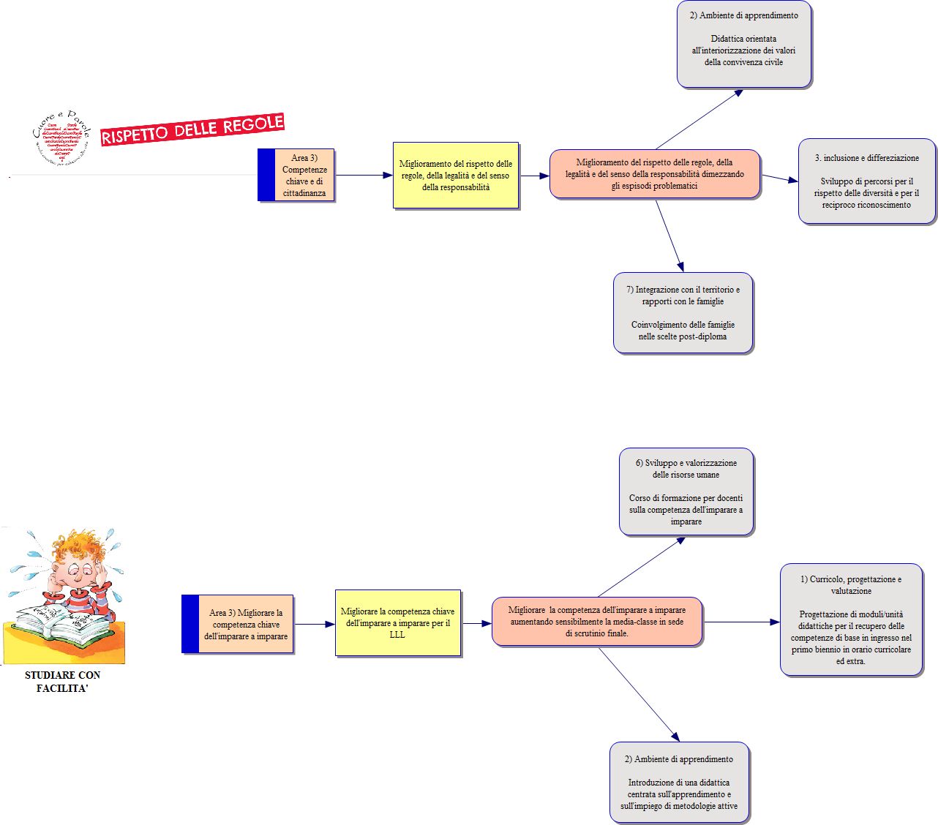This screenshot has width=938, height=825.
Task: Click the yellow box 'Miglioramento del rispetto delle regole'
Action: [456, 176]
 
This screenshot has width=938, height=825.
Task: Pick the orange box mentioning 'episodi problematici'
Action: [655, 174]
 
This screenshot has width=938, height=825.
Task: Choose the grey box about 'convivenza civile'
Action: [743, 45]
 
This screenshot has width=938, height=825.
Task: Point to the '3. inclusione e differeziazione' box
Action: [866, 181]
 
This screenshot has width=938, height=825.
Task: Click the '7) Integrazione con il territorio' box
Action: [683, 313]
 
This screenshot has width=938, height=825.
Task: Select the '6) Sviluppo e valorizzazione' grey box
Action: [686, 491]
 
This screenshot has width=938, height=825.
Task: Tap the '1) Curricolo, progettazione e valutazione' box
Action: [851, 620]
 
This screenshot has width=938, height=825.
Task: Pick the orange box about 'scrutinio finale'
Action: [597, 622]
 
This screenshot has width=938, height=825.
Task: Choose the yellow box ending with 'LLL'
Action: [398, 623]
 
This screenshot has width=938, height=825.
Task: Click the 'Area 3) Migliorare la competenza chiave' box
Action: [238, 625]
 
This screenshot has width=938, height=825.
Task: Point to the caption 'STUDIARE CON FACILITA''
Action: [62, 681]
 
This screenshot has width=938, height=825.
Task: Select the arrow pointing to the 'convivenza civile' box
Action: [699, 119]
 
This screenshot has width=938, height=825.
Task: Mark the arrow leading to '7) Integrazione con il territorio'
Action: [670, 237]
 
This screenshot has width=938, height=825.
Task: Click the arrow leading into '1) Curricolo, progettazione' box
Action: [741, 622]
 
